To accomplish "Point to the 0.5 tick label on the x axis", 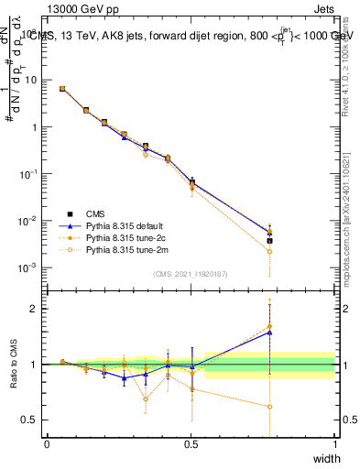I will [x=191, y=443].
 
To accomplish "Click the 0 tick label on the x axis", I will [x=47, y=443].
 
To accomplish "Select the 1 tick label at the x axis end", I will [x=334, y=443].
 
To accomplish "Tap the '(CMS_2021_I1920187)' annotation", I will [x=191, y=274].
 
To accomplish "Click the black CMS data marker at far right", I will [x=269, y=241].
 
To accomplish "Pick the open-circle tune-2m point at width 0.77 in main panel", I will [x=269, y=251].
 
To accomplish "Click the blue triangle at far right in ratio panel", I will [x=269, y=333].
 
